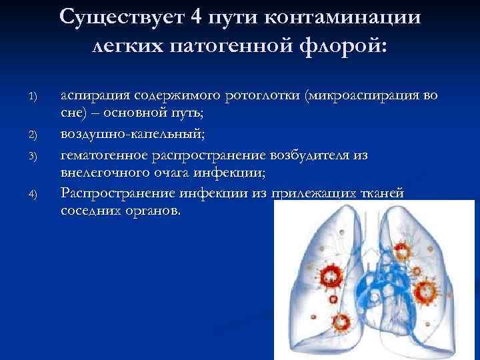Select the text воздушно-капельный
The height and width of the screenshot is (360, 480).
click(133, 135)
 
